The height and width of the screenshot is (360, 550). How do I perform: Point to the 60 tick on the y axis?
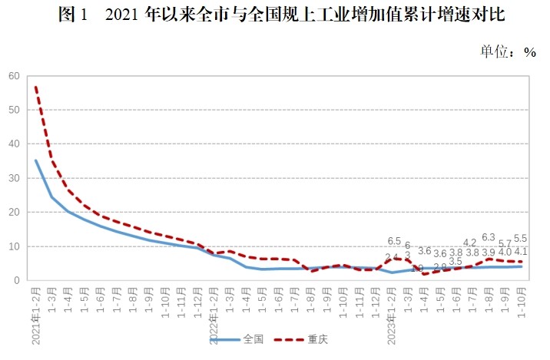point(14,76)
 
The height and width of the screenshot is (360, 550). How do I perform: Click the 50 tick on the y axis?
point(14,110)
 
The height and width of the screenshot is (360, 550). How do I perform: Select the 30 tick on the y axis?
point(14,178)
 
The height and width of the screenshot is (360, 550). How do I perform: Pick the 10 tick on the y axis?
point(14,246)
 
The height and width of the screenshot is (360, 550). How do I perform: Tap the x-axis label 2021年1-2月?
point(35,315)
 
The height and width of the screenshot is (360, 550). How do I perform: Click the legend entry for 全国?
point(240,339)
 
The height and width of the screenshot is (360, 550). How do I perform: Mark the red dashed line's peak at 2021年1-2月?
point(36,87)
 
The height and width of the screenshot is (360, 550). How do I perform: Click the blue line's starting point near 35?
point(36,160)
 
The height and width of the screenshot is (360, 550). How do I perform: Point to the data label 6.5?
point(394,241)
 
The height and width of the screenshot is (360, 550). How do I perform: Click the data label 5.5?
point(520,239)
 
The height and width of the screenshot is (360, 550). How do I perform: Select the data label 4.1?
point(520,251)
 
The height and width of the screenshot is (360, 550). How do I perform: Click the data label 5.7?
point(505,243)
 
